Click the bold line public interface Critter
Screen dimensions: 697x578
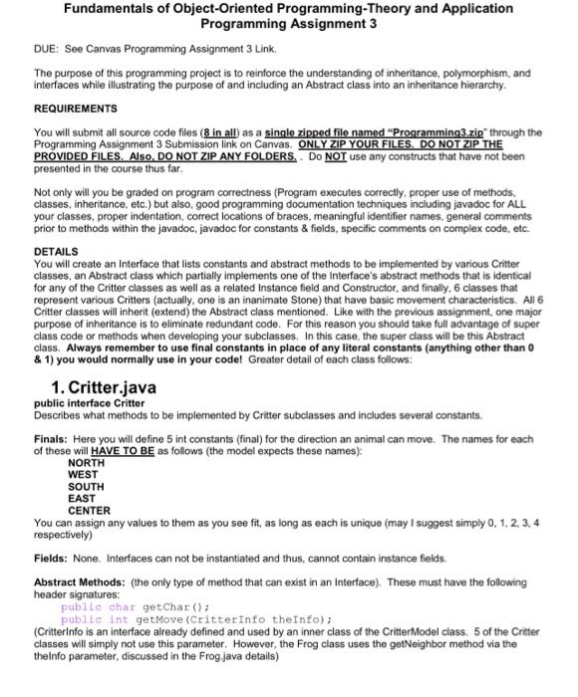89,403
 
